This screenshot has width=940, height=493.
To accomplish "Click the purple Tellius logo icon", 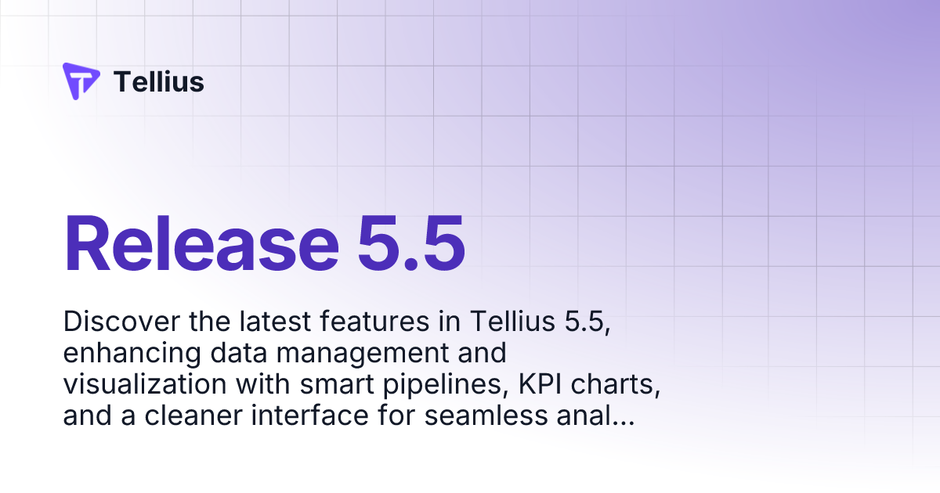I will point(81,81).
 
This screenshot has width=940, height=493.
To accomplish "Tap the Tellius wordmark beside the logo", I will point(159,81).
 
